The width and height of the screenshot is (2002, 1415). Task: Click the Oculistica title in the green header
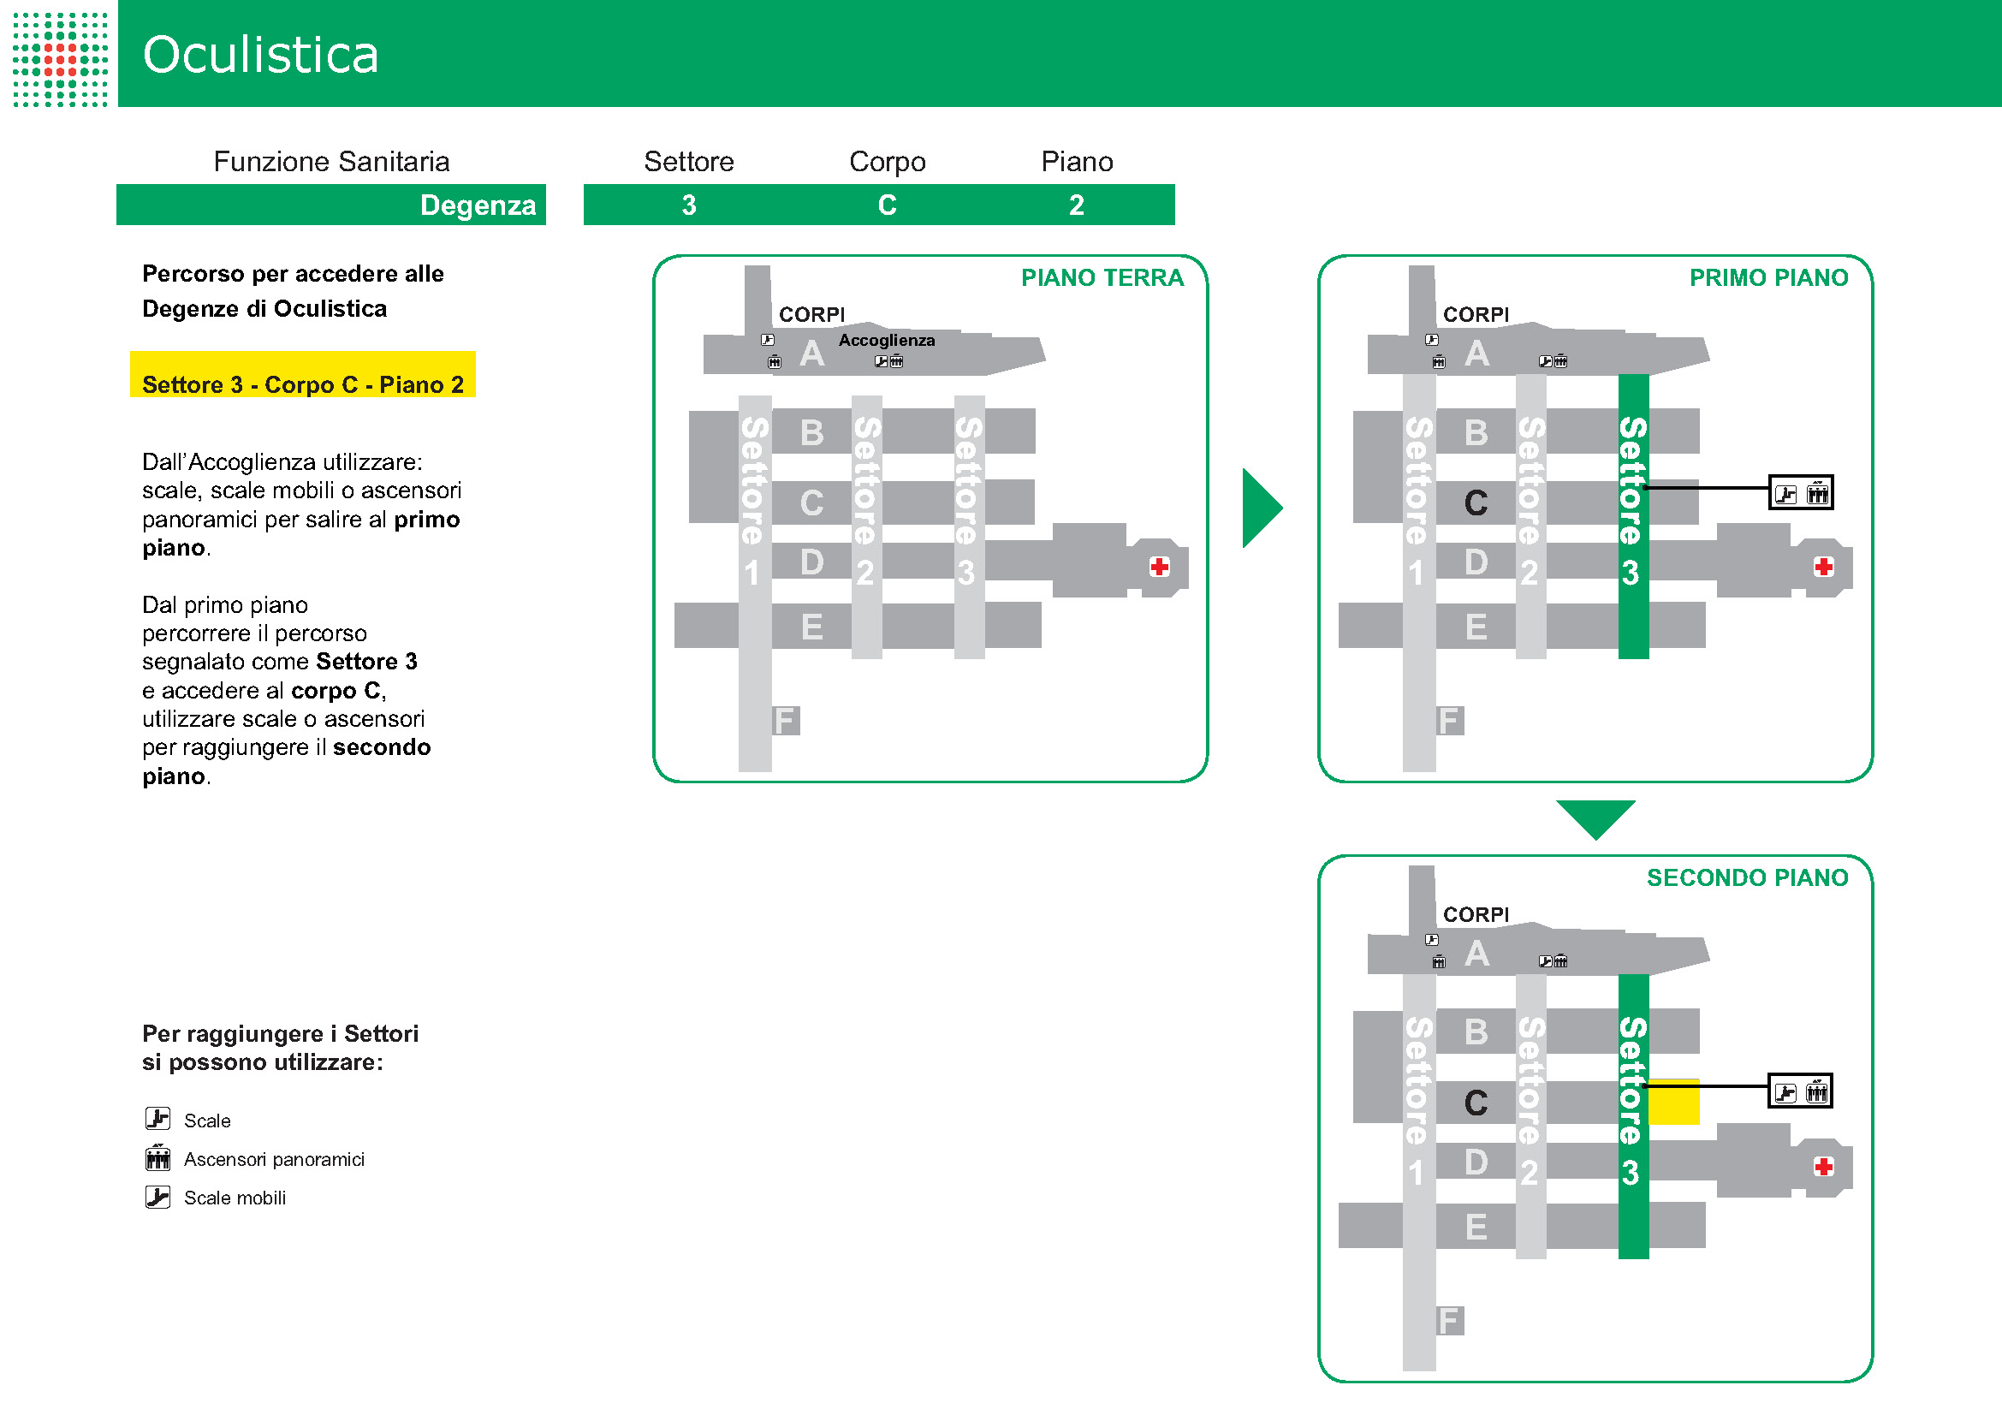coord(260,54)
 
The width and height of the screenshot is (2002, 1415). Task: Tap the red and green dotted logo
coord(60,58)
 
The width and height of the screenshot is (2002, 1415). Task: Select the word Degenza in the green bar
coord(477,205)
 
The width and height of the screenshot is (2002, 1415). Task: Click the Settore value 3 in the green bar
coord(689,205)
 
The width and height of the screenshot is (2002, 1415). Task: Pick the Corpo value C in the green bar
coord(887,205)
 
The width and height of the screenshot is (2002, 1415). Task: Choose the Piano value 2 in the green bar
coord(1077,205)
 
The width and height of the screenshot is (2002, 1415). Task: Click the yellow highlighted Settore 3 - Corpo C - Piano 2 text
coord(302,383)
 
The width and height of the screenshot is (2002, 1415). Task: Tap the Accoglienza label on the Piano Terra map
coord(886,340)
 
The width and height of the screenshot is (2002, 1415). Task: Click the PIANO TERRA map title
coord(1102,277)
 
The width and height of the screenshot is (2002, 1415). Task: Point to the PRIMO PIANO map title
coord(1768,277)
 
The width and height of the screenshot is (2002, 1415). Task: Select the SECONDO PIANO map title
coord(1747,877)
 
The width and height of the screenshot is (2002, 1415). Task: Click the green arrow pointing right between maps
coord(1261,508)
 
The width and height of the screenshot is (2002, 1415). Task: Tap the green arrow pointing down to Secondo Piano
coord(1595,817)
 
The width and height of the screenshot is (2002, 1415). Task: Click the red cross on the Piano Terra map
coord(1159,567)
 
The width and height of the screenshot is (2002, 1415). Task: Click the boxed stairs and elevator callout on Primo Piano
coord(1801,493)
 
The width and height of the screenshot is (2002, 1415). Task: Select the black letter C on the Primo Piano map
coord(1476,503)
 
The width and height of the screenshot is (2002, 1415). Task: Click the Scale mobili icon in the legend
coord(157,1197)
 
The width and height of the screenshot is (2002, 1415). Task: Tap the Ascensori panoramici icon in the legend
coord(157,1158)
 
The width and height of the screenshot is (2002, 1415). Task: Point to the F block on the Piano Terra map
coord(785,720)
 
